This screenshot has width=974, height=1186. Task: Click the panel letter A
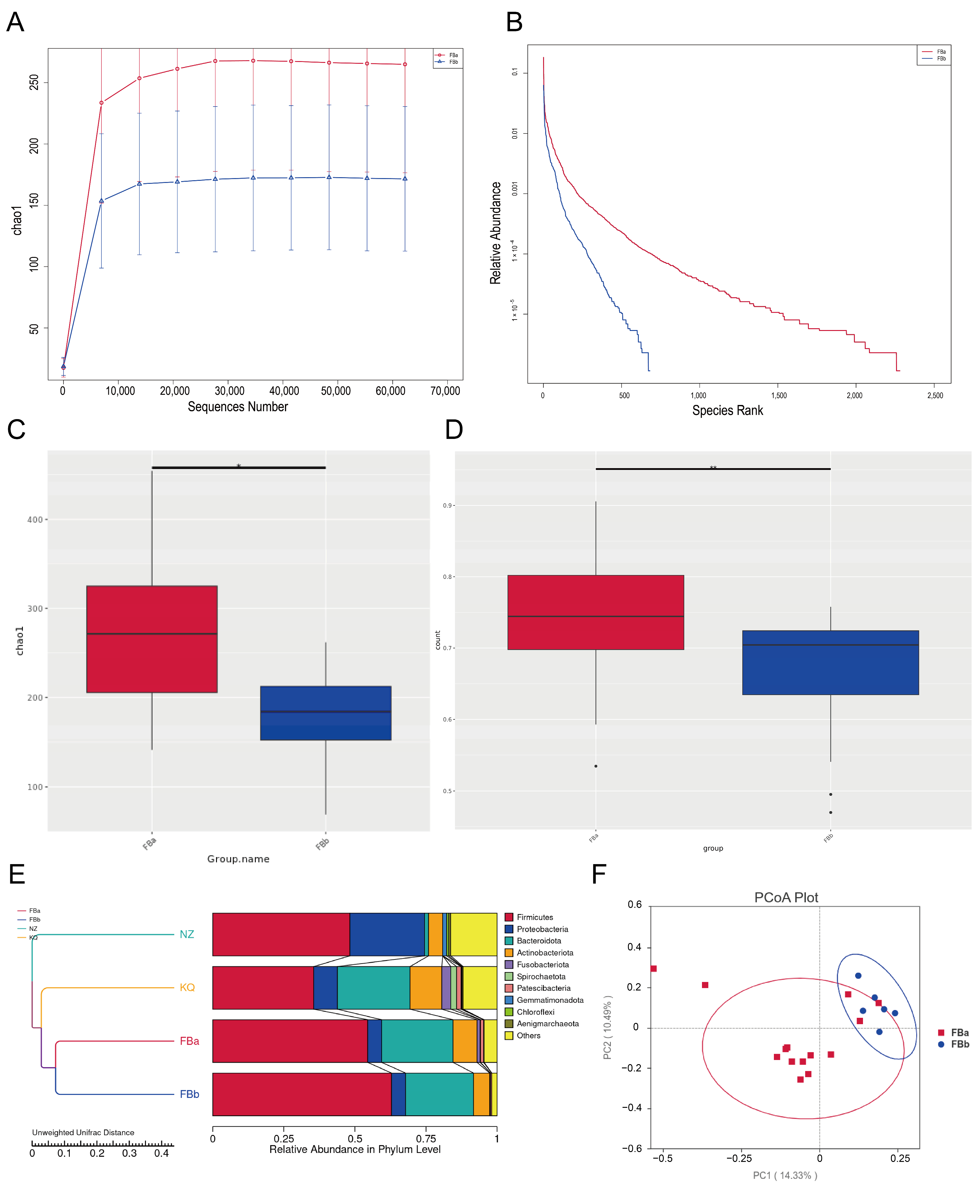(15, 23)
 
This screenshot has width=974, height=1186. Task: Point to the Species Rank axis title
(727, 411)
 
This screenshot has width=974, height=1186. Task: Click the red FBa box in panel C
(152, 639)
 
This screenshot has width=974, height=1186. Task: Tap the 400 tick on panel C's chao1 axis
(35, 520)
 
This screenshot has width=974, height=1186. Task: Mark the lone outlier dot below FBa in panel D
(596, 766)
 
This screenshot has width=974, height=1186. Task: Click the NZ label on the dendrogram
(187, 934)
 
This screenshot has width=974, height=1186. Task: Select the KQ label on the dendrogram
(187, 987)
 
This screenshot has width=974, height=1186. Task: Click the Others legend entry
(528, 1036)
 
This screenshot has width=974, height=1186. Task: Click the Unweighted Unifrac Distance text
(83, 1132)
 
